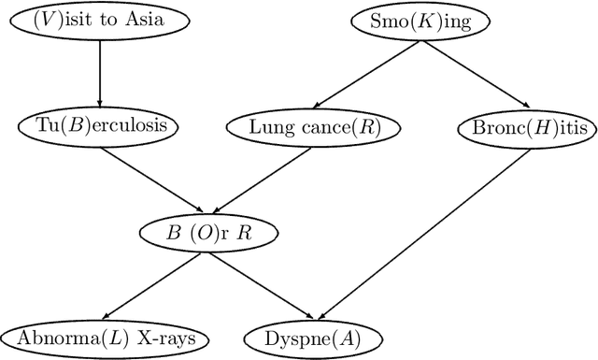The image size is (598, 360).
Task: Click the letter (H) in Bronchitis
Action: pos(528,125)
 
